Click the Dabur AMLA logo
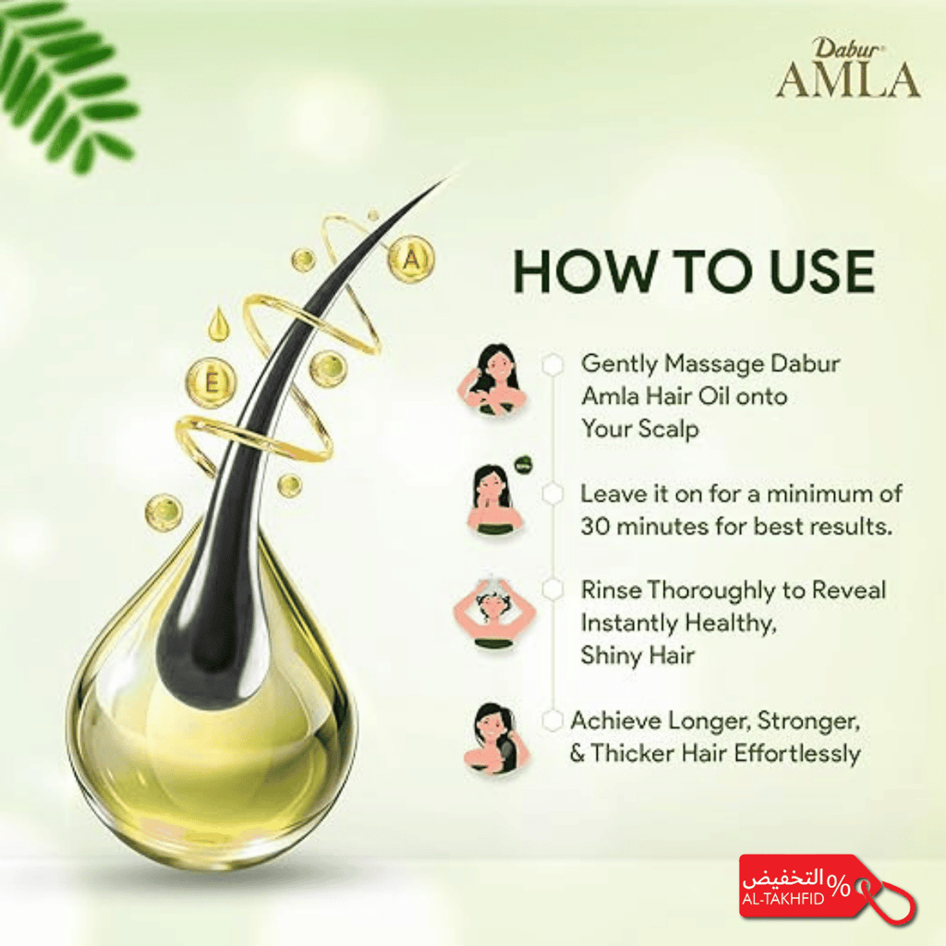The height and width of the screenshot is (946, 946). pyautogui.click(x=848, y=67)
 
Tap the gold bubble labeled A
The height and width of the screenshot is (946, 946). pyautogui.click(x=411, y=259)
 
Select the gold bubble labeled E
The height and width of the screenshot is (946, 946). pyautogui.click(x=212, y=382)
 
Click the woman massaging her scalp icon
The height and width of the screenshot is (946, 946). pyautogui.click(x=493, y=380)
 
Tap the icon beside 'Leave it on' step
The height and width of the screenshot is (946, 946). pyautogui.click(x=496, y=499)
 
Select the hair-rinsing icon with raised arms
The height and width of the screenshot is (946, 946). pyautogui.click(x=495, y=613)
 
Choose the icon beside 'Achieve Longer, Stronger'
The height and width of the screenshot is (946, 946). pyautogui.click(x=496, y=739)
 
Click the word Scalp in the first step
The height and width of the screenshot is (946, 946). pyautogui.click(x=669, y=430)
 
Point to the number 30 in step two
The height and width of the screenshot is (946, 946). pyautogui.click(x=595, y=527)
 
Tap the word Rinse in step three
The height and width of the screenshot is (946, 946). pyautogui.click(x=611, y=590)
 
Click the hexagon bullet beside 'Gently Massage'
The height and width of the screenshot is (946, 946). pyautogui.click(x=552, y=364)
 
